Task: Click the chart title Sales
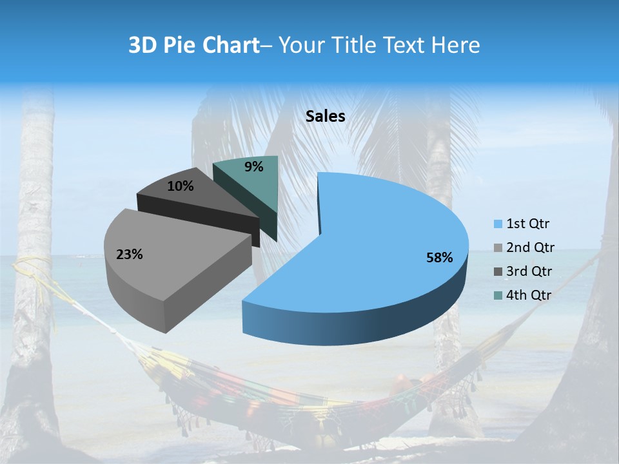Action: click(325, 116)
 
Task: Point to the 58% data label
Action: click(439, 258)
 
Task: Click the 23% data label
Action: click(129, 255)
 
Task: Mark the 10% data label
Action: click(180, 186)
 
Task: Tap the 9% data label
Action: click(254, 167)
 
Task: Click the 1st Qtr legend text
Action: click(528, 224)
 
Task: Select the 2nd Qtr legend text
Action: click(530, 247)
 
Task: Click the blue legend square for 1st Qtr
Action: click(498, 224)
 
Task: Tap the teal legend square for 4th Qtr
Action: click(498, 295)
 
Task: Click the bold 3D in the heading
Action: click(143, 45)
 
